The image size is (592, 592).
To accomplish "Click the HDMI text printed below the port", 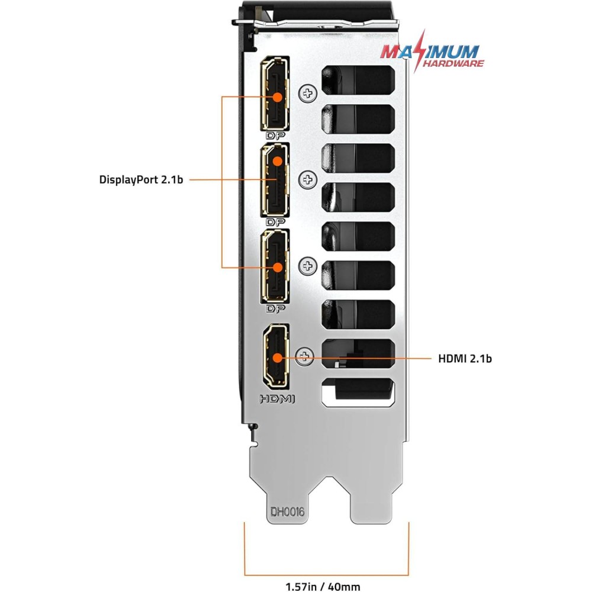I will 277,399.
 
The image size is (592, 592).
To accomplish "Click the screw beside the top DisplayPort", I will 308,92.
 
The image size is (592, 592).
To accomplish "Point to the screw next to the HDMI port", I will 305,355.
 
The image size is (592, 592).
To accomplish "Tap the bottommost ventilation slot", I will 358,392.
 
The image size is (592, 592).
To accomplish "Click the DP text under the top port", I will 276,136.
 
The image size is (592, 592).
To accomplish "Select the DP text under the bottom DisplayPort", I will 276,309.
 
